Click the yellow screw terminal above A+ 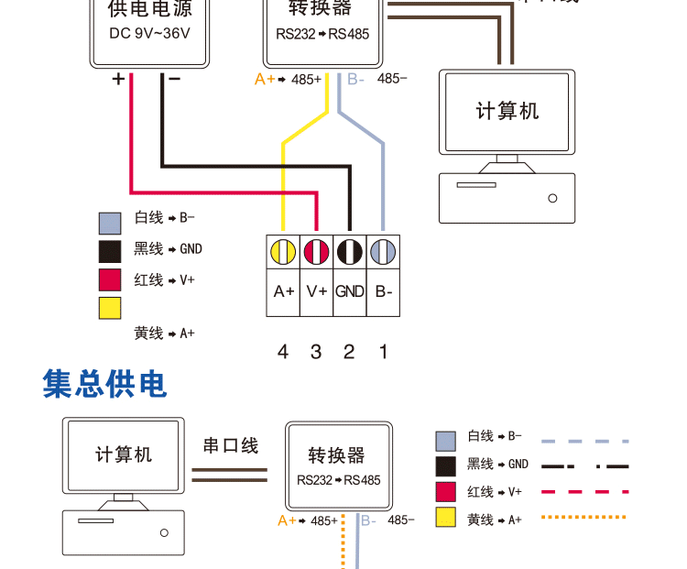click(x=283, y=251)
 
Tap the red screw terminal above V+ click(x=316, y=251)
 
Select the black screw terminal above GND click(x=350, y=251)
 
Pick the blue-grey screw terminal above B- click(x=383, y=251)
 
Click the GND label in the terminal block click(x=350, y=292)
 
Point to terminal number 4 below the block click(x=283, y=352)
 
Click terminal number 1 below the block click(x=384, y=352)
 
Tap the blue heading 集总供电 click(x=105, y=385)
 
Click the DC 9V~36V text click(x=150, y=34)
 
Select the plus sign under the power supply click(x=118, y=80)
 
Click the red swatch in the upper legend click(x=110, y=279)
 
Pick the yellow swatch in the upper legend click(x=110, y=308)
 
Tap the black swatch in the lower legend click(x=446, y=465)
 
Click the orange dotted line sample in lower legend click(x=585, y=518)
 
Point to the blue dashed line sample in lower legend click(x=585, y=441)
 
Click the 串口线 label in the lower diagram click(x=230, y=446)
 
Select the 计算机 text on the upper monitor click(x=507, y=112)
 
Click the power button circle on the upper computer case click(x=552, y=198)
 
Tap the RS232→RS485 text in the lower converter click(x=338, y=480)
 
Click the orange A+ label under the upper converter click(x=265, y=80)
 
